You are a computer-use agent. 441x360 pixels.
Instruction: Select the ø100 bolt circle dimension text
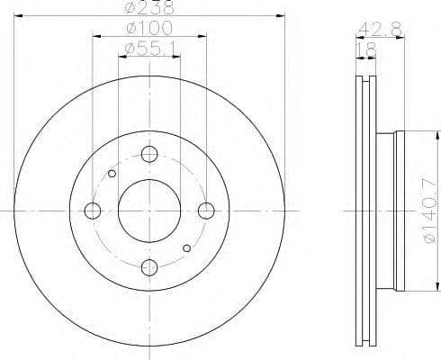(149, 28)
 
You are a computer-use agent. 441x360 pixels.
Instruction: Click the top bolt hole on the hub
(150, 154)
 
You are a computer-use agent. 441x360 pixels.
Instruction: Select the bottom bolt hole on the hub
(150, 267)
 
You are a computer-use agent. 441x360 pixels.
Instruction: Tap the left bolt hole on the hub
(93, 211)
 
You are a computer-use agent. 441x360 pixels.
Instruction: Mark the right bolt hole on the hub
(207, 211)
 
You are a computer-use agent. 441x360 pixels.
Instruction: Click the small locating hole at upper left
(112, 174)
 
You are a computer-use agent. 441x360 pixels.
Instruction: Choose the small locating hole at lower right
(187, 247)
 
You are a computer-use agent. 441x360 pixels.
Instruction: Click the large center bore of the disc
(150, 211)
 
